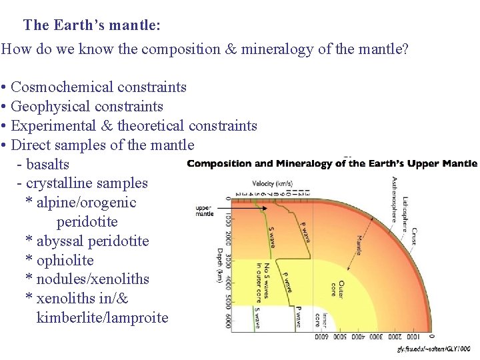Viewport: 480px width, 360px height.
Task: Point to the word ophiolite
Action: point(65,261)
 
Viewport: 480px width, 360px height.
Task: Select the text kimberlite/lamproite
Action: point(102,318)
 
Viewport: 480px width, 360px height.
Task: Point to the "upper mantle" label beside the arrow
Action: point(205,210)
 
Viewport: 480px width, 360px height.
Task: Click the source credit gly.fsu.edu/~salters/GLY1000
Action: point(433,349)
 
